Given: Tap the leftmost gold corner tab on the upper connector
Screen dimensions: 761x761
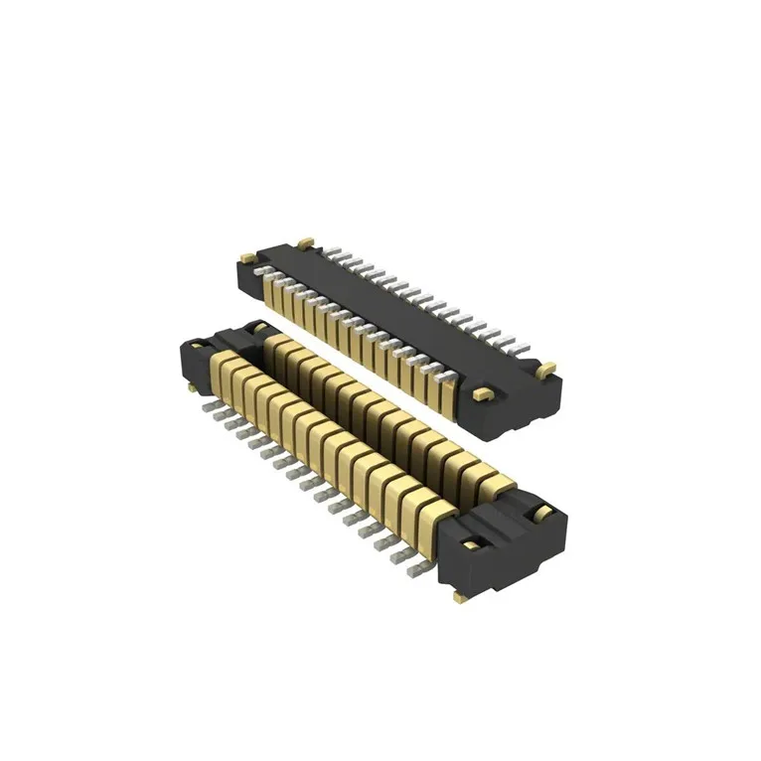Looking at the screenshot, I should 307,242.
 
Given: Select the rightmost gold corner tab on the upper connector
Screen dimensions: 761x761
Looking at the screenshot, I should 544,369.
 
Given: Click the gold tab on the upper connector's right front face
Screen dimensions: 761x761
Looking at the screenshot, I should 483,394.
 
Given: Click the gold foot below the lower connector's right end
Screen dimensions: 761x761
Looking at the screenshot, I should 459,597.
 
